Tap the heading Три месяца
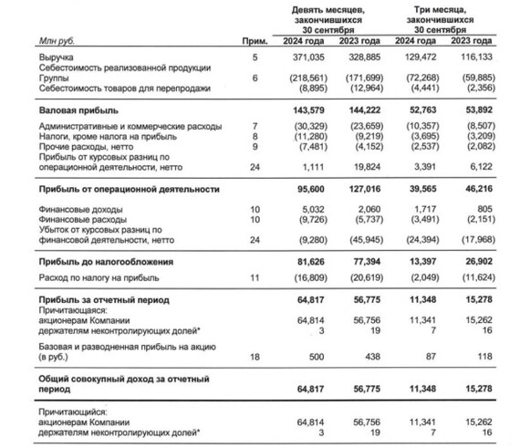(x=441, y=8)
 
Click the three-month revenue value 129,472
(x=420, y=57)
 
